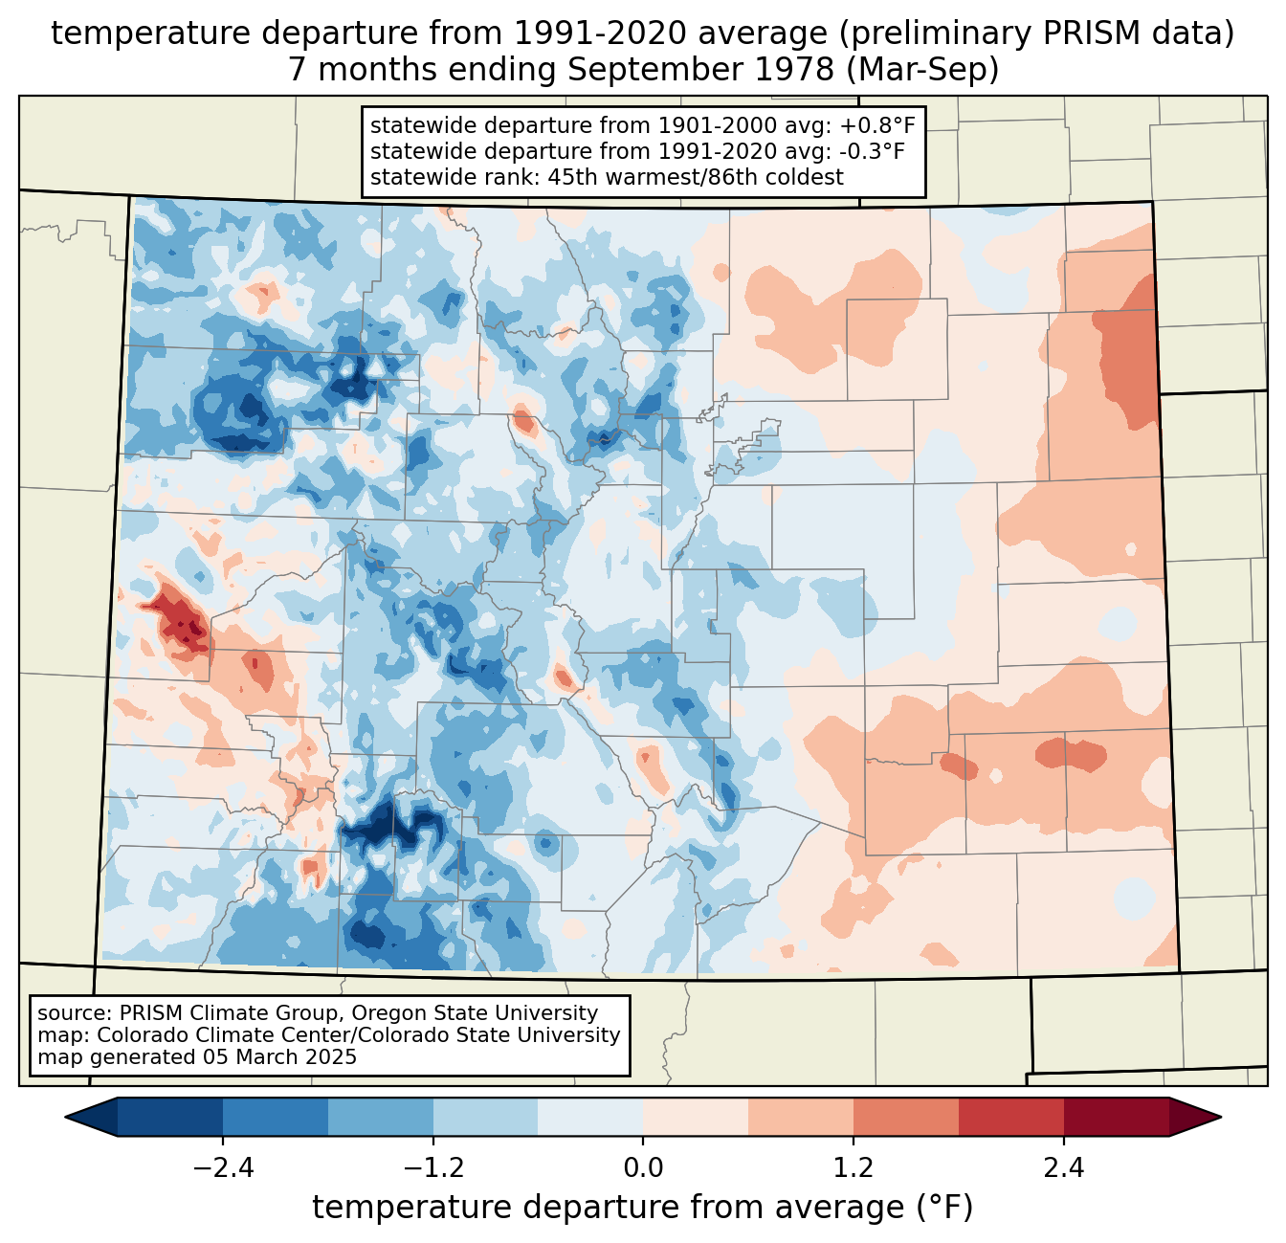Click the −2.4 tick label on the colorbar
pyautogui.click(x=223, y=1168)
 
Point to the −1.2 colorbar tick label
pyautogui.click(x=432, y=1168)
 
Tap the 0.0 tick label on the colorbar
pyautogui.click(x=643, y=1168)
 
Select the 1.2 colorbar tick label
pyautogui.click(x=853, y=1168)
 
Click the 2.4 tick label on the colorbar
pyautogui.click(x=1063, y=1168)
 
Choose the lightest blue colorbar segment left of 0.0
pyautogui.click(x=590, y=1117)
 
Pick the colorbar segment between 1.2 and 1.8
pyautogui.click(x=905, y=1117)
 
